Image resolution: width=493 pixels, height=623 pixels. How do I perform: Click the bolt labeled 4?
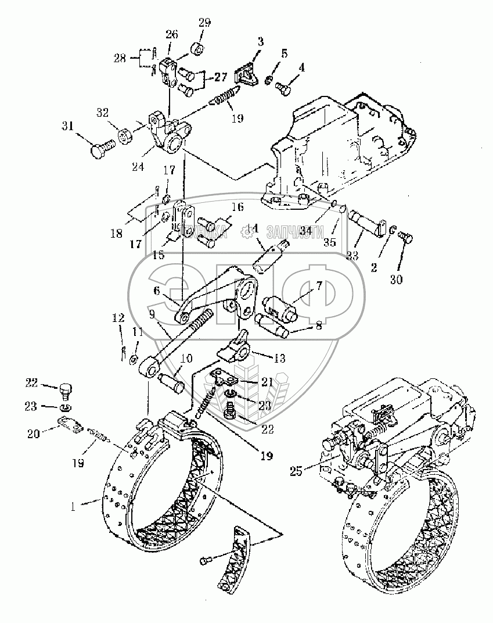[x=283, y=87]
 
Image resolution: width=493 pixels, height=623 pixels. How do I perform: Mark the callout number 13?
[x=280, y=359]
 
